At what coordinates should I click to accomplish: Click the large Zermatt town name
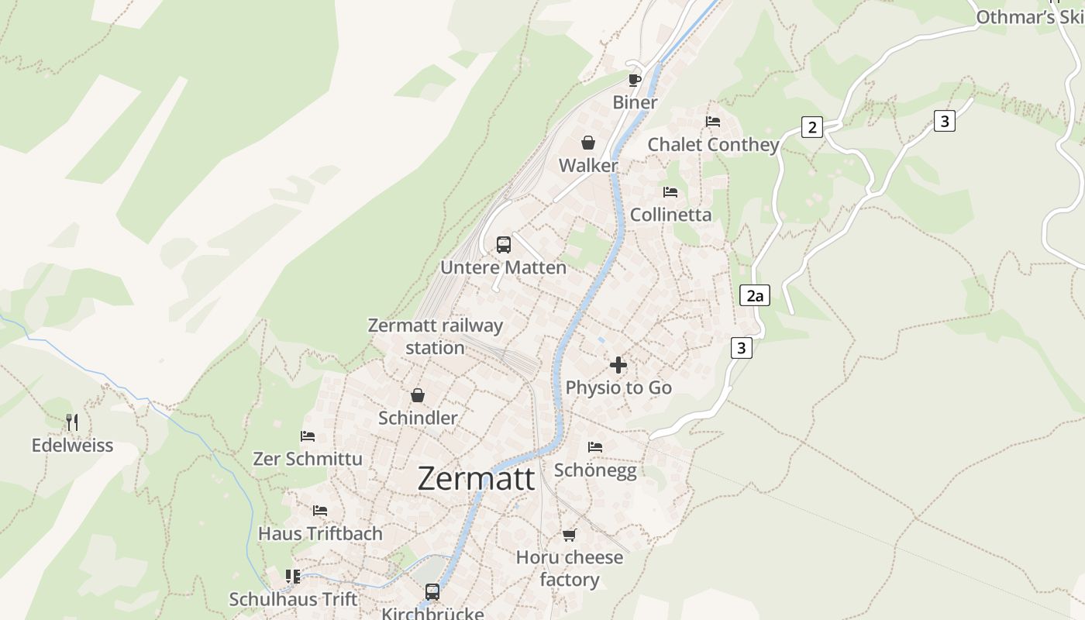click(x=476, y=478)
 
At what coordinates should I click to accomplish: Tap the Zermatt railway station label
click(x=435, y=336)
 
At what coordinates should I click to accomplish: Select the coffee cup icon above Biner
click(x=635, y=79)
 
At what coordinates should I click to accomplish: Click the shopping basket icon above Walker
click(x=588, y=143)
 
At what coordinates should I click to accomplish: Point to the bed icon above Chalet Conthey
click(x=713, y=122)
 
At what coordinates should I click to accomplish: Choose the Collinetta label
click(x=670, y=215)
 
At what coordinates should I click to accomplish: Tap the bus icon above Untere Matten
click(x=504, y=245)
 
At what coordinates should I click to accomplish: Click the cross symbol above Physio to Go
click(x=618, y=364)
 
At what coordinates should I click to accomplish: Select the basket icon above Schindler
click(x=418, y=395)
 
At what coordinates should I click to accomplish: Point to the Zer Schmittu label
click(x=308, y=459)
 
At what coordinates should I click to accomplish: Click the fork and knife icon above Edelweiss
click(x=72, y=422)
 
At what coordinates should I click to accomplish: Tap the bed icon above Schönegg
click(x=595, y=447)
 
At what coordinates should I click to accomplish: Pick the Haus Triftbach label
click(x=320, y=533)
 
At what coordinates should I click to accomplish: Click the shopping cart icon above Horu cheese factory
click(x=570, y=535)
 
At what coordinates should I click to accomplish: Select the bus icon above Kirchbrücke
click(x=432, y=592)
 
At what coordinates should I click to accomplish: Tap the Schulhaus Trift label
click(x=294, y=599)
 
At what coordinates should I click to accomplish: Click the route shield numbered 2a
click(x=755, y=295)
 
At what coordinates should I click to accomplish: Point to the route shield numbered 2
click(x=811, y=127)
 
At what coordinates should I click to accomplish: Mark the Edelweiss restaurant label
click(x=72, y=446)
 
